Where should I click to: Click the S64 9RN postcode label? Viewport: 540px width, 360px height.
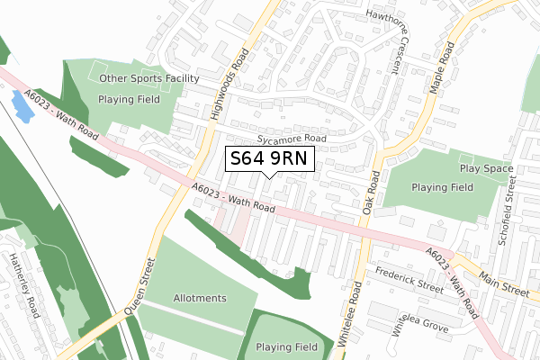click(269, 159)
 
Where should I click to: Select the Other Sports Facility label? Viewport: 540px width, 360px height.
click(149, 78)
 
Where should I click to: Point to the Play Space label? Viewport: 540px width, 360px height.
click(486, 168)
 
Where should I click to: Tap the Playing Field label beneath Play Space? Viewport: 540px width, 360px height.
click(442, 187)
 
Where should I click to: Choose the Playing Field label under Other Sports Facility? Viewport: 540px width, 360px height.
click(130, 99)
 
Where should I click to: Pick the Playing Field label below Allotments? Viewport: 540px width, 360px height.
click(286, 346)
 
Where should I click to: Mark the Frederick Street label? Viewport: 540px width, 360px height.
click(410, 279)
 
